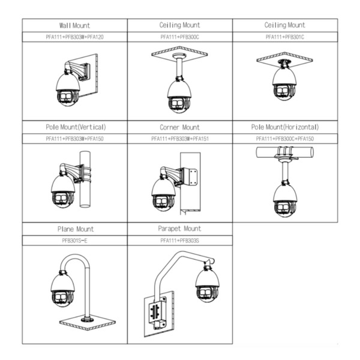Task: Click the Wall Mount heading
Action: [x=74, y=25]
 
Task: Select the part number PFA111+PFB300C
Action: [x=179, y=37]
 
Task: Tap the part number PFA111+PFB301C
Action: [x=285, y=37]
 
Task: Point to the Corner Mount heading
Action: [x=179, y=127]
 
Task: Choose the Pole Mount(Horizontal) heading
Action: [x=285, y=127]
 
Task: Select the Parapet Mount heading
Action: [x=179, y=229]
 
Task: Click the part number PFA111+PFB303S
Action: [x=179, y=240]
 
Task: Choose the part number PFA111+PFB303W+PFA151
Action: [x=179, y=138]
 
